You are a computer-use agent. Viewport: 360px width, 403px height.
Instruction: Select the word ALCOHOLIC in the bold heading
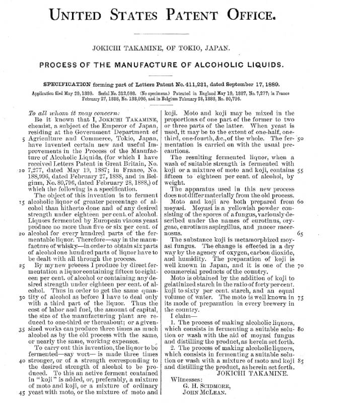pos(228,65)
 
